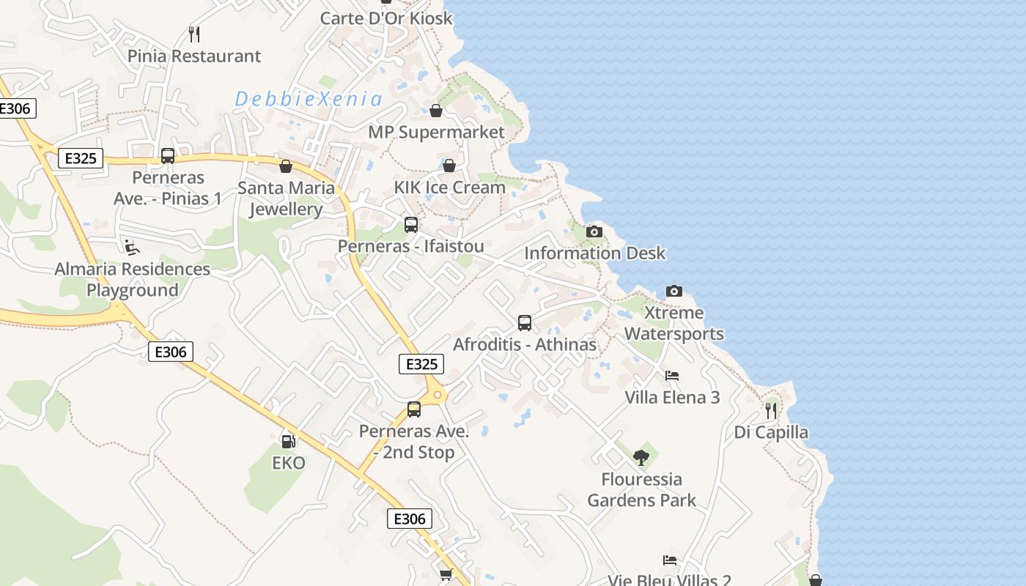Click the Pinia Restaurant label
[194, 56]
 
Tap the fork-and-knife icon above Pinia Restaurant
[194, 34]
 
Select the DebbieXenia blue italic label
[309, 100]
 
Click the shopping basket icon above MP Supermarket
[436, 111]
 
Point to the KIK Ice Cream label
[449, 188]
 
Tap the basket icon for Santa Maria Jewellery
[286, 166]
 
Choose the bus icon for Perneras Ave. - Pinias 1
[168, 155]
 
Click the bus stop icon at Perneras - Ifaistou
[411, 224]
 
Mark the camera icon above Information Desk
[594, 231]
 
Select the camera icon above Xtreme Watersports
[674, 291]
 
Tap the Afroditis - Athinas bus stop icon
[525, 322]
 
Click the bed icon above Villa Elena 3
[672, 376]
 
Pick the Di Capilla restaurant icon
[771, 410]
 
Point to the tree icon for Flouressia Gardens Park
[641, 458]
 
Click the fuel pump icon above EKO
[289, 441]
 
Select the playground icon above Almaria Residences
[132, 247]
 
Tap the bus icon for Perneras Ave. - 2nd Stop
[414, 409]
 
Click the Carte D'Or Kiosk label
[386, 18]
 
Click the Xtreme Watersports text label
[673, 323]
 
